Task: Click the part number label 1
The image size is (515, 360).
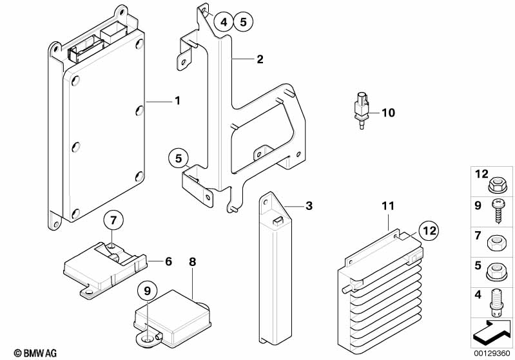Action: (177, 100)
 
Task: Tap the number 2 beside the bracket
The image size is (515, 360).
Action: (260, 60)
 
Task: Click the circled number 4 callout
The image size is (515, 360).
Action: (223, 22)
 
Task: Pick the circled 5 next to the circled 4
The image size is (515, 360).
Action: (242, 22)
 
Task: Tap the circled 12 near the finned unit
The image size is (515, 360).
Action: (429, 229)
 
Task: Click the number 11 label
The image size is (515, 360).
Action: (387, 206)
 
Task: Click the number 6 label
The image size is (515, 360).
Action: (168, 261)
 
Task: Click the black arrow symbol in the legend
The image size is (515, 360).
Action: (492, 333)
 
